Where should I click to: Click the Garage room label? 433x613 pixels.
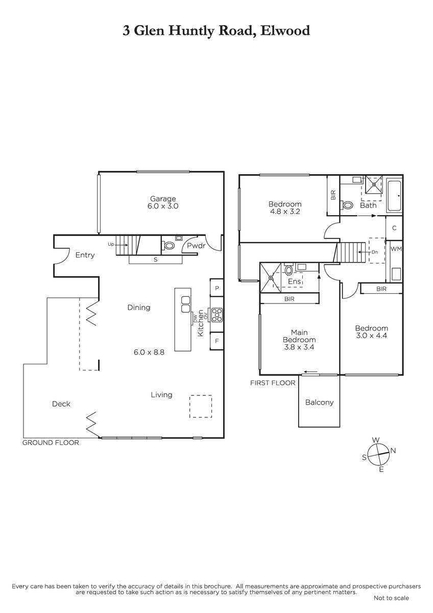coord(163,199)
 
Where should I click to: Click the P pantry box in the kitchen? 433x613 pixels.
coord(217,288)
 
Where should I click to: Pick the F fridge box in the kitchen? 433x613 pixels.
coord(217,341)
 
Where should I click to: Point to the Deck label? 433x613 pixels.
coord(61,404)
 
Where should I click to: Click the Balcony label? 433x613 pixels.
coord(319,403)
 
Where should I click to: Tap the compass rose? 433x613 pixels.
coord(378,455)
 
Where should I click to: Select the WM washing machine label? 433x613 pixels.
coord(396,249)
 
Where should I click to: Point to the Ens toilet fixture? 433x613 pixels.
coord(288,270)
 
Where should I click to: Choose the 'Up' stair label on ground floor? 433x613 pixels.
coord(111,244)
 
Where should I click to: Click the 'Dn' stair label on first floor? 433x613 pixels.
coord(375,252)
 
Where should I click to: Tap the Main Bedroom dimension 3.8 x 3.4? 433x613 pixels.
coord(299,347)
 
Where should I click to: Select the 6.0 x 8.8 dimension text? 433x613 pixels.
coord(149,352)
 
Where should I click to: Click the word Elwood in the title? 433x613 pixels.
coord(285,30)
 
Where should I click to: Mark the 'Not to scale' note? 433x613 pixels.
coord(391,598)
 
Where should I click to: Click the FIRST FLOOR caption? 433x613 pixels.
coord(273,383)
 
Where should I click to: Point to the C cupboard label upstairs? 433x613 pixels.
coord(394,228)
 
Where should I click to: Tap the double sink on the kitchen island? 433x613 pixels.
coord(185,304)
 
